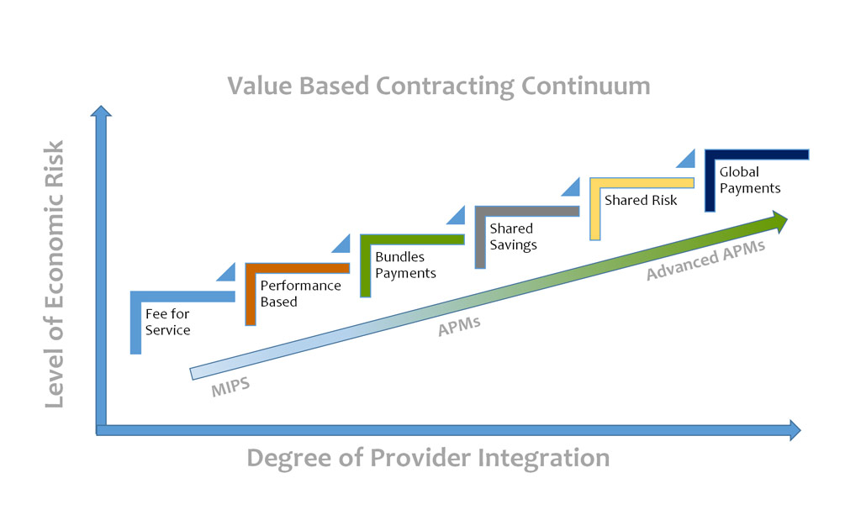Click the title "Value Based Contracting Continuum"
coord(438,86)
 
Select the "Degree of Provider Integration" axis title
coord(428,458)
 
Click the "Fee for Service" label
coord(167,322)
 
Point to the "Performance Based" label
coord(300,293)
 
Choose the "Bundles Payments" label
coord(405,265)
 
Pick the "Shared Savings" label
coord(513,236)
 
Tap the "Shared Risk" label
coord(641,201)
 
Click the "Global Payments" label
coord(750,180)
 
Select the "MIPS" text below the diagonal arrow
coord(230,390)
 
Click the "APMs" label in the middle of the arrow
coord(459,326)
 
